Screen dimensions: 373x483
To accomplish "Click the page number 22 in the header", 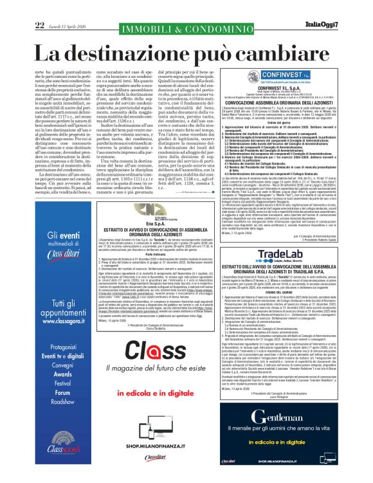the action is point(40,7).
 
